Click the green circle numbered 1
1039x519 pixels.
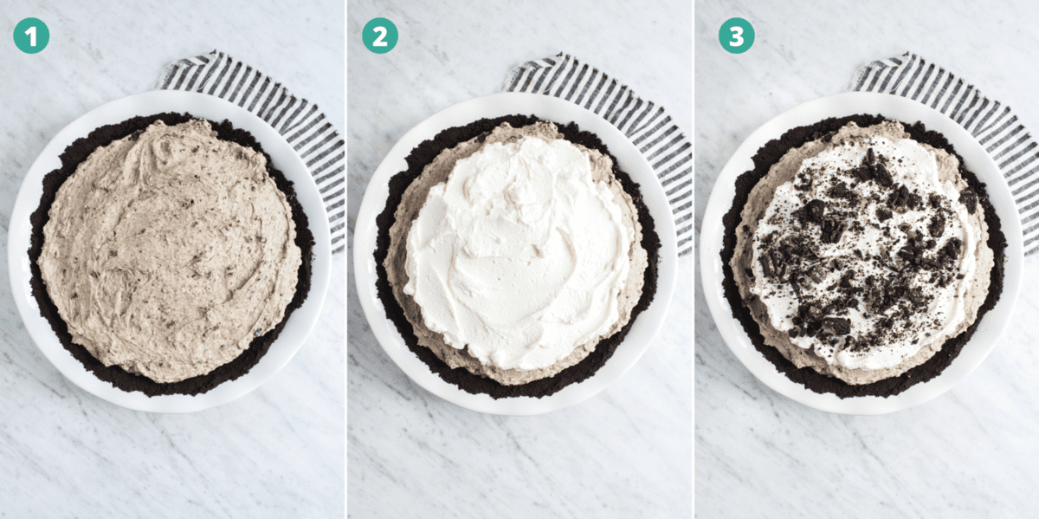coord(31,36)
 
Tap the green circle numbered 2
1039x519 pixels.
coord(379,36)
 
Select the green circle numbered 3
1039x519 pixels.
coord(736,36)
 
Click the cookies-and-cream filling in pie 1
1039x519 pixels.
coord(169,251)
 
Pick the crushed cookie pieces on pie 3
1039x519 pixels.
coord(866,251)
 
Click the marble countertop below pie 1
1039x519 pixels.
coord(173,468)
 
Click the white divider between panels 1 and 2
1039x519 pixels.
coord(346,260)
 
